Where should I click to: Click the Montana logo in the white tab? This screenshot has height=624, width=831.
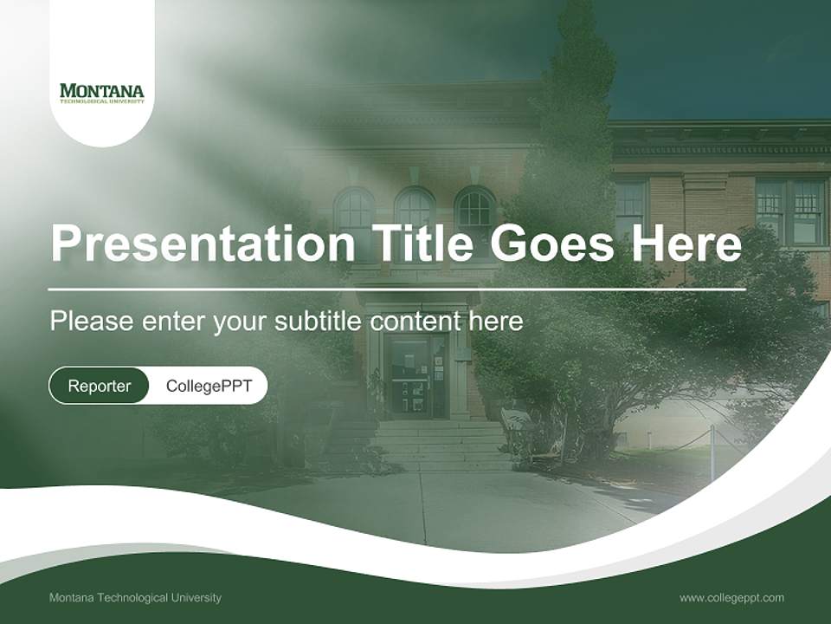pyautogui.click(x=102, y=93)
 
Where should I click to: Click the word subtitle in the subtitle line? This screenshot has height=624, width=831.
pyautogui.click(x=318, y=322)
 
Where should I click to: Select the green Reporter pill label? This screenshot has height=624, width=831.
pyautogui.click(x=99, y=386)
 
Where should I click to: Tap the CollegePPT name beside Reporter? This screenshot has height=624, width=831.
pyautogui.click(x=209, y=386)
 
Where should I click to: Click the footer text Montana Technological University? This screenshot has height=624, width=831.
pyautogui.click(x=135, y=597)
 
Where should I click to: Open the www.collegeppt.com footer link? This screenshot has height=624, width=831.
pyautogui.click(x=731, y=597)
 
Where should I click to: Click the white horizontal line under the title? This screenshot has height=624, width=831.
pyautogui.click(x=396, y=289)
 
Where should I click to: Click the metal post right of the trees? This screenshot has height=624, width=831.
pyautogui.click(x=712, y=452)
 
